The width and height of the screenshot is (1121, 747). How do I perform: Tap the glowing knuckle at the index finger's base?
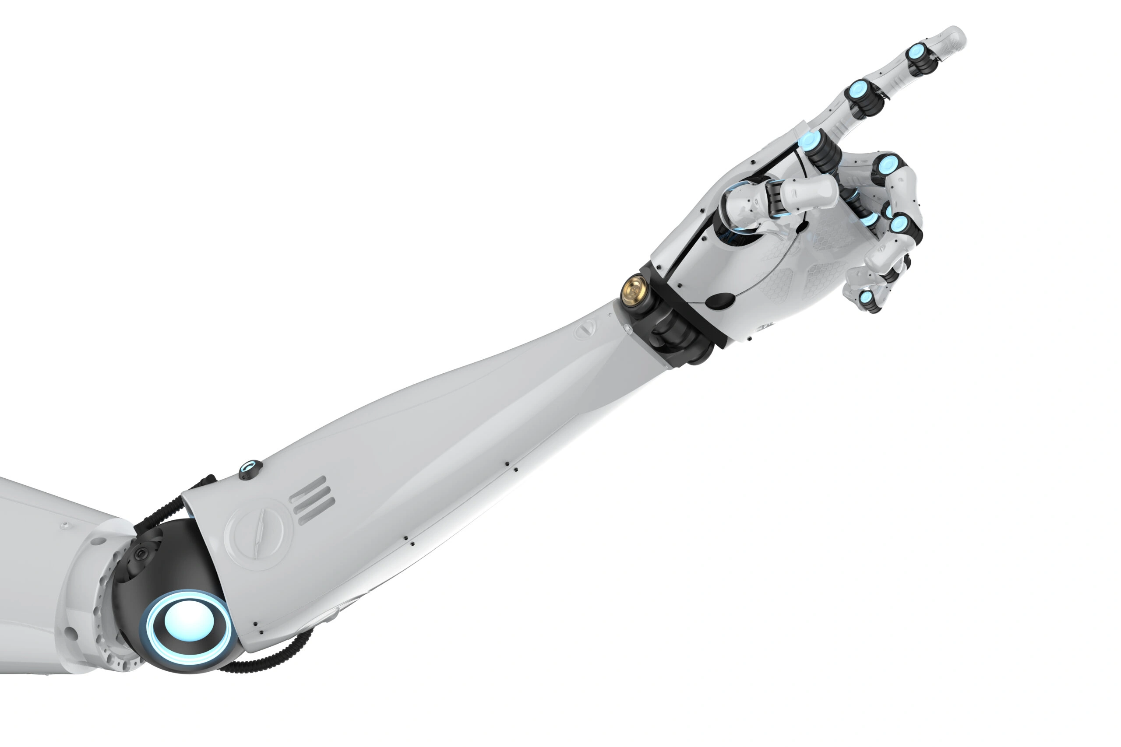[x=809, y=140]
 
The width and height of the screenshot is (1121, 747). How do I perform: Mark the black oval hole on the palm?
[x=720, y=301]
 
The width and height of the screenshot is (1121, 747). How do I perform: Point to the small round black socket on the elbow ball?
[x=141, y=554]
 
